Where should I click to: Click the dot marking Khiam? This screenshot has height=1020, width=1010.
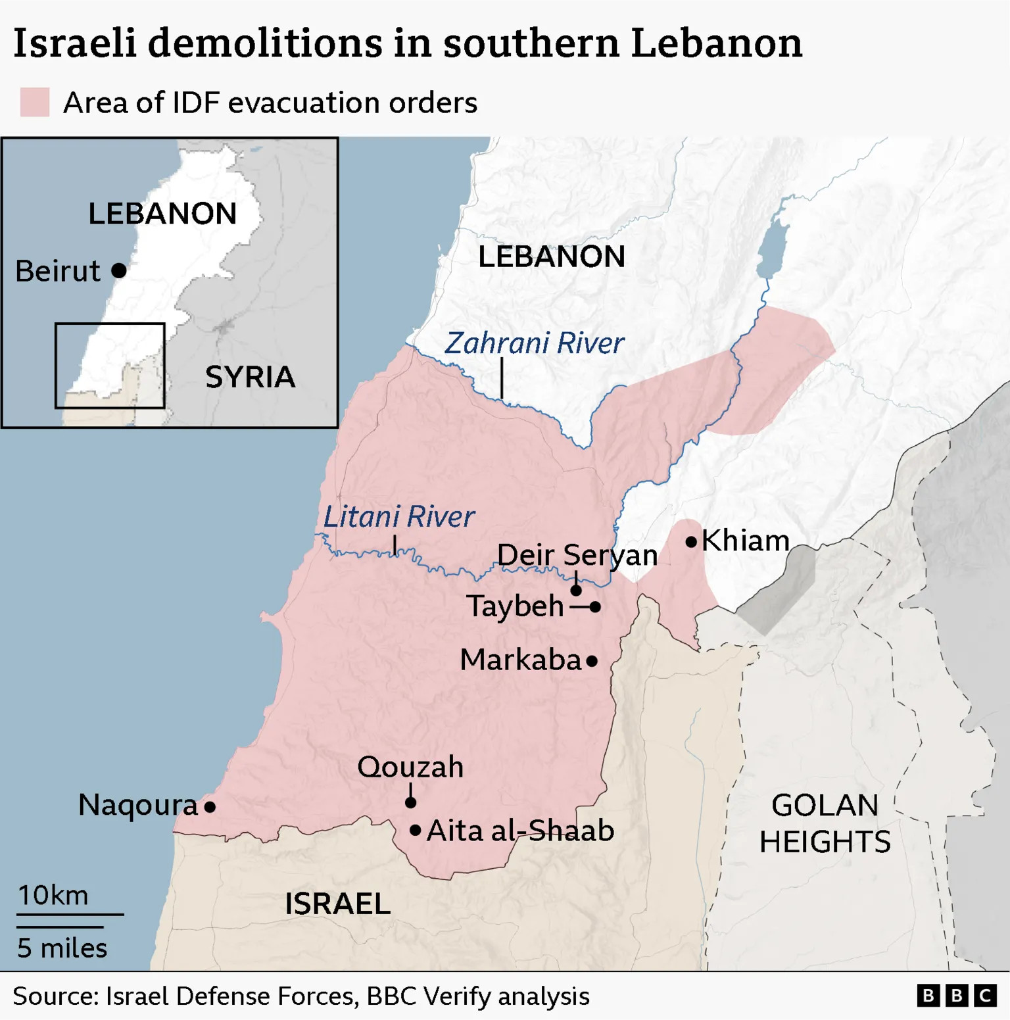[691, 542]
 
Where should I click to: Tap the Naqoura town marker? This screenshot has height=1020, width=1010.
[210, 806]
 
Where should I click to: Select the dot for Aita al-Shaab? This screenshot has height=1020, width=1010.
[415, 831]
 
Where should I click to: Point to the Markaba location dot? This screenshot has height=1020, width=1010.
[592, 661]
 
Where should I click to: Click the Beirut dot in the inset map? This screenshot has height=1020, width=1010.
[119, 270]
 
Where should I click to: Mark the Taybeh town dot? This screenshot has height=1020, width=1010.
[595, 606]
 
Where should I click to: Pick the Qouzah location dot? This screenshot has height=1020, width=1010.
[410, 802]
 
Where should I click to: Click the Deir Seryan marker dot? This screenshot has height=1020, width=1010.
[576, 590]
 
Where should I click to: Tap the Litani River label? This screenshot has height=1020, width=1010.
[398, 517]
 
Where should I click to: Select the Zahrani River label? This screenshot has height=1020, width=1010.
[534, 343]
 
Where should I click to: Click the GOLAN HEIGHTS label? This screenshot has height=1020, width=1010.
[825, 823]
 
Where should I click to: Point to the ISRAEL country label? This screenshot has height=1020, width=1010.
[337, 904]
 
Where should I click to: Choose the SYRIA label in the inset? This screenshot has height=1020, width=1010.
[250, 377]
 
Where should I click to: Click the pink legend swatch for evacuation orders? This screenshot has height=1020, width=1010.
[35, 103]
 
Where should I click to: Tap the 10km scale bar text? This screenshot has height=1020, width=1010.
[53, 896]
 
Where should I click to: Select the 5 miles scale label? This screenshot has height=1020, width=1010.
[62, 948]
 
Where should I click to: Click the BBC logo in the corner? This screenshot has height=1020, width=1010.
[957, 996]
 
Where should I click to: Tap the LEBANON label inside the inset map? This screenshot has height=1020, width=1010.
[162, 214]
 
